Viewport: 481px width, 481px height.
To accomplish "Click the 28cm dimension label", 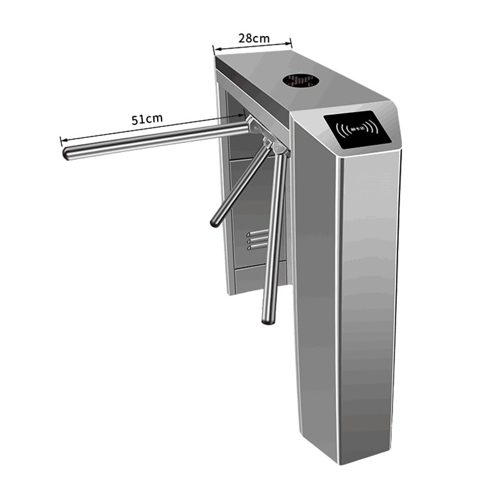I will pos(253,38).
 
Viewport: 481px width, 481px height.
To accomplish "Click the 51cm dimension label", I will pos(147,119).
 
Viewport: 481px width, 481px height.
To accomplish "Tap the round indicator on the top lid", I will pos(301,81).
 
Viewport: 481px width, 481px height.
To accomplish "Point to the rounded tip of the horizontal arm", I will pos(67,154).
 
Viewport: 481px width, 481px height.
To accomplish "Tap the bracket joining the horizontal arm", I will pos(254,127).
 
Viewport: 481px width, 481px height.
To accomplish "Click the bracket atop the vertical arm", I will pos(279,149).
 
